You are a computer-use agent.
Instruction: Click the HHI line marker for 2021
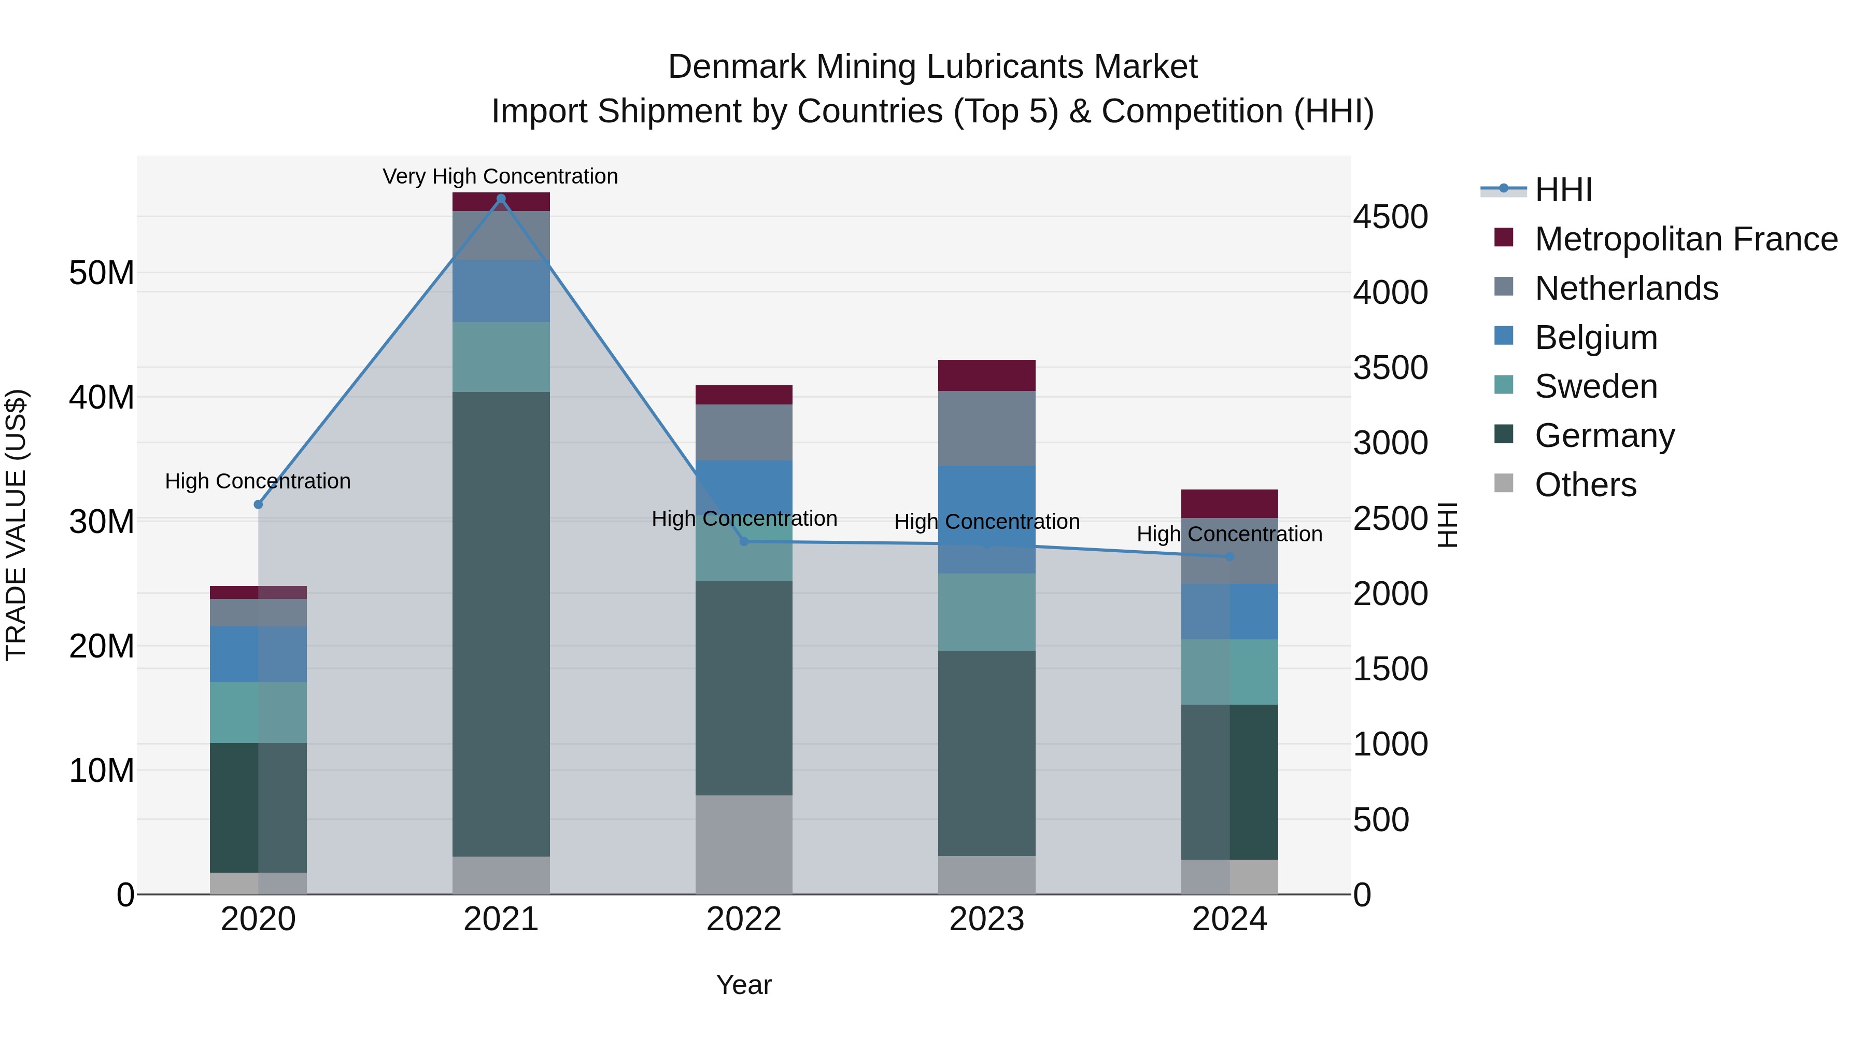pos(501,199)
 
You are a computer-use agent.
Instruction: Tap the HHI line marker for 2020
pos(258,505)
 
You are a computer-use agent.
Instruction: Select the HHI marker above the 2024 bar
pos(1229,556)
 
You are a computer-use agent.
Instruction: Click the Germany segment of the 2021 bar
pos(501,623)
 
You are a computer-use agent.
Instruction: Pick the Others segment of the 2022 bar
pos(743,844)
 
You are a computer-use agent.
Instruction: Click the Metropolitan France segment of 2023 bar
pos(986,375)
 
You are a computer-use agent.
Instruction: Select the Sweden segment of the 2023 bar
pos(986,612)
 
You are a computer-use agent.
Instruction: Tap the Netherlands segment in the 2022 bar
pos(743,432)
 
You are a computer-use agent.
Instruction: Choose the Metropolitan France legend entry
pos(1685,239)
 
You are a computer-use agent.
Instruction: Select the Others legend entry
pos(1585,485)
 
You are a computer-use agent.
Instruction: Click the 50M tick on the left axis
pos(102,273)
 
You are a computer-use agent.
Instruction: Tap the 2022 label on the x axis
pos(743,919)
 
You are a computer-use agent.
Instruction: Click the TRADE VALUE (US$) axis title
pos(16,525)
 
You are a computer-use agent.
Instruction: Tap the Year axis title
pos(743,985)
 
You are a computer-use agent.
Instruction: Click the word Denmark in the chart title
pos(737,67)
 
